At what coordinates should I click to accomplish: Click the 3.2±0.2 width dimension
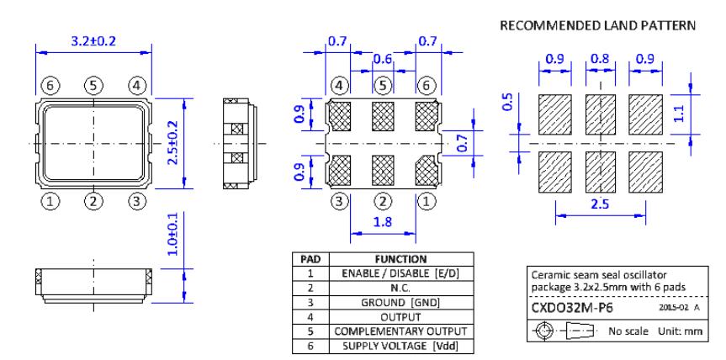(x=93, y=39)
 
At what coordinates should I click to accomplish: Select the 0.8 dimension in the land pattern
(x=599, y=60)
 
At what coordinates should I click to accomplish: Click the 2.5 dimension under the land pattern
(x=598, y=204)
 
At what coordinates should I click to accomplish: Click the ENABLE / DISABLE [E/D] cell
(x=405, y=273)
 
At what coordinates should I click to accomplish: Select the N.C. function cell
(x=405, y=288)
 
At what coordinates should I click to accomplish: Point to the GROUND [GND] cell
(x=405, y=302)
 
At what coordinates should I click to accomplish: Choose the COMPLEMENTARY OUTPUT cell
(x=405, y=331)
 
